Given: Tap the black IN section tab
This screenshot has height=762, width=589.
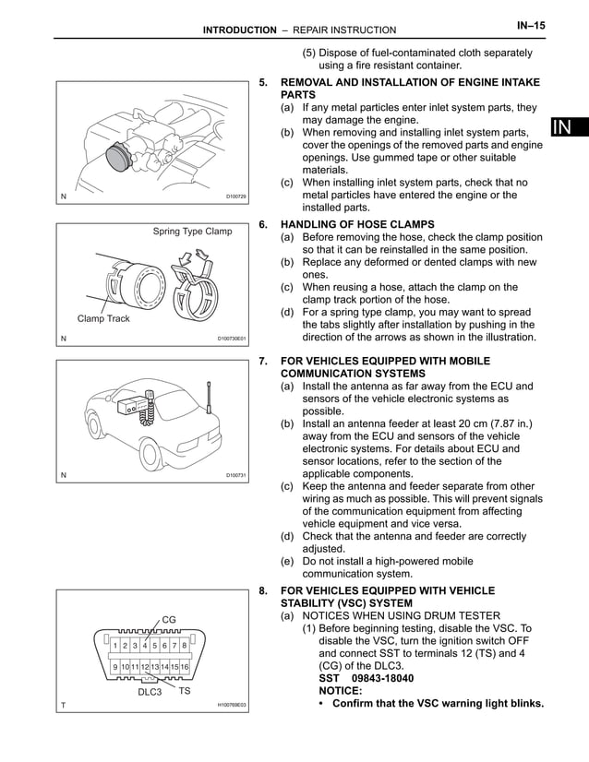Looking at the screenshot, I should tap(569, 128).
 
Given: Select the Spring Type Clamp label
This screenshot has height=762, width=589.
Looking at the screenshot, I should tap(192, 232).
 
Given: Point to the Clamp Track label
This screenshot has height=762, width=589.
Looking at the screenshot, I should tap(103, 318).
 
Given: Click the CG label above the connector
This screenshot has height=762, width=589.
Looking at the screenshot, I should tap(169, 618).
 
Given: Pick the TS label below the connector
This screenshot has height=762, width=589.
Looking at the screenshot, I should tap(185, 689).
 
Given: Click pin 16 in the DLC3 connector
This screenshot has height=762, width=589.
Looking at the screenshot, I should tap(185, 666).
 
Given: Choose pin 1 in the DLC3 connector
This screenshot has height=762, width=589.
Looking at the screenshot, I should tap(114, 645).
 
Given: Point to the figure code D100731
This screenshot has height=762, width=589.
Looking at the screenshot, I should tap(236, 475).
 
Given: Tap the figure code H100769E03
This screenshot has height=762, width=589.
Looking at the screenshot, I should tap(231, 706).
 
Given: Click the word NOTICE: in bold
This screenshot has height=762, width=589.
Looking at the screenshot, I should tap(343, 690).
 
